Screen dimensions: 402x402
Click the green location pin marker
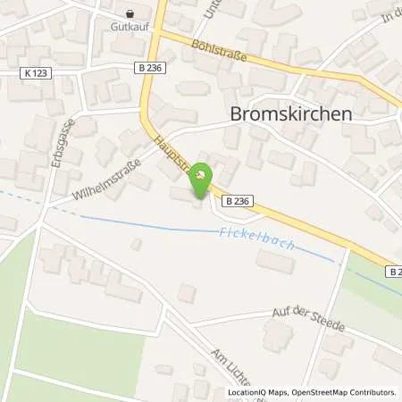(x=203, y=176)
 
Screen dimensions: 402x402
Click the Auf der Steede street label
(x=309, y=317)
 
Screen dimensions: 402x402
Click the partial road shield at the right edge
(x=395, y=271)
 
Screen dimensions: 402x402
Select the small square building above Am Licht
(x=187, y=293)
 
